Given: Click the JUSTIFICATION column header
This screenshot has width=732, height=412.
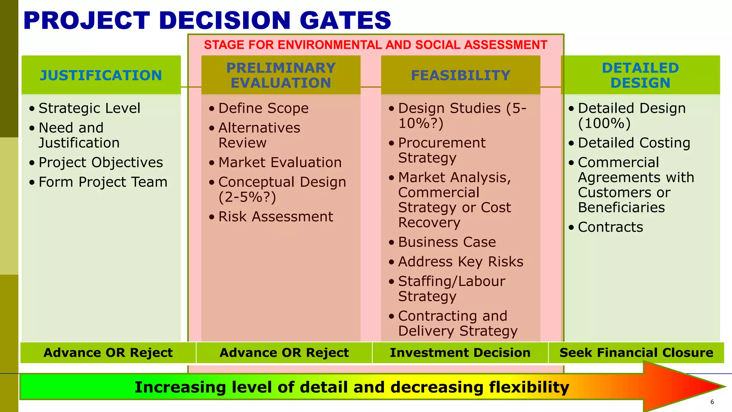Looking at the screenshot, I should (101, 75).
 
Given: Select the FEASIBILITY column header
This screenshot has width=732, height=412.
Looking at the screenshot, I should (460, 75).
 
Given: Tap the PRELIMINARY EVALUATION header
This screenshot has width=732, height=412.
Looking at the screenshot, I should (281, 75).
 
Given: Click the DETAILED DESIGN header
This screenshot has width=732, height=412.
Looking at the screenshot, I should (640, 75).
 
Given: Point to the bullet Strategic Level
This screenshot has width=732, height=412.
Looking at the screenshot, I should (89, 108).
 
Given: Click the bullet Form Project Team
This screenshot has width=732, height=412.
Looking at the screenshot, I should (103, 182).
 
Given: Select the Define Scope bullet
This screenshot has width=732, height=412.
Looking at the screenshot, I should (263, 108).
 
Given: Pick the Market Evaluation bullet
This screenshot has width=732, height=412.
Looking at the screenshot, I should (280, 162).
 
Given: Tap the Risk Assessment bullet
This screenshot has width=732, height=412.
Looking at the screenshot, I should (276, 217).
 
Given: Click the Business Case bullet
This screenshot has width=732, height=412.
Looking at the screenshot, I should (447, 242).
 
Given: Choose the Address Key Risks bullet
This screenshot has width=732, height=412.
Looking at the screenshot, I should (461, 262).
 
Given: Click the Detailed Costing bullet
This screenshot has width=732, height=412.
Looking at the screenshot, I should (634, 143).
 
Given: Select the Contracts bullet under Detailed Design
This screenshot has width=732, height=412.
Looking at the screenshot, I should (610, 227).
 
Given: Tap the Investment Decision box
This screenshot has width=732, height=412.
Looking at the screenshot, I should (460, 353).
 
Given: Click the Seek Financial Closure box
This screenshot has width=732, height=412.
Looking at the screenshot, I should (636, 353).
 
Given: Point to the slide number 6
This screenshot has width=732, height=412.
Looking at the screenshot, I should (712, 402).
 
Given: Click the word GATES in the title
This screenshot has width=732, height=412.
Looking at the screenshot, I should (346, 20).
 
